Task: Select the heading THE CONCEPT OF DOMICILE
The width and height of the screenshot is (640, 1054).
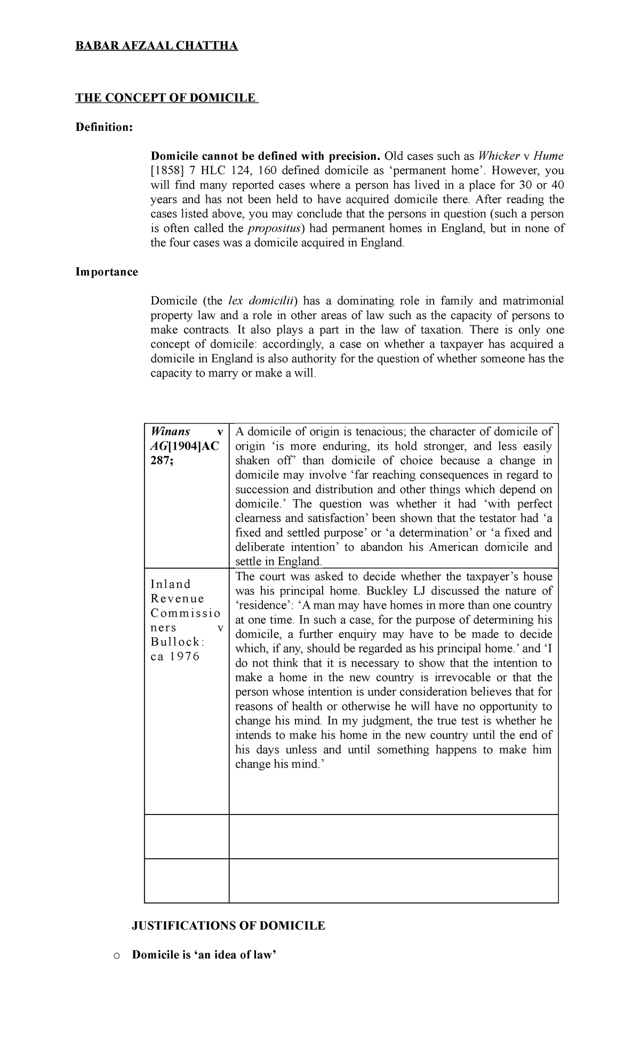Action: [166, 98]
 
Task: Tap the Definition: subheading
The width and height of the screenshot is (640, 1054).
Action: [104, 127]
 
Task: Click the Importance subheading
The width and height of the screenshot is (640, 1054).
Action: [107, 272]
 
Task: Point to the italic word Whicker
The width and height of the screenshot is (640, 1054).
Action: [499, 156]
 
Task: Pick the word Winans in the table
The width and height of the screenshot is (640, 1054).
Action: [171, 432]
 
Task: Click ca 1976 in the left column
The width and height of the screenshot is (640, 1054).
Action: [175, 657]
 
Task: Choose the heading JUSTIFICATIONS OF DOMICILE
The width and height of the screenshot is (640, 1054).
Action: [228, 941]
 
